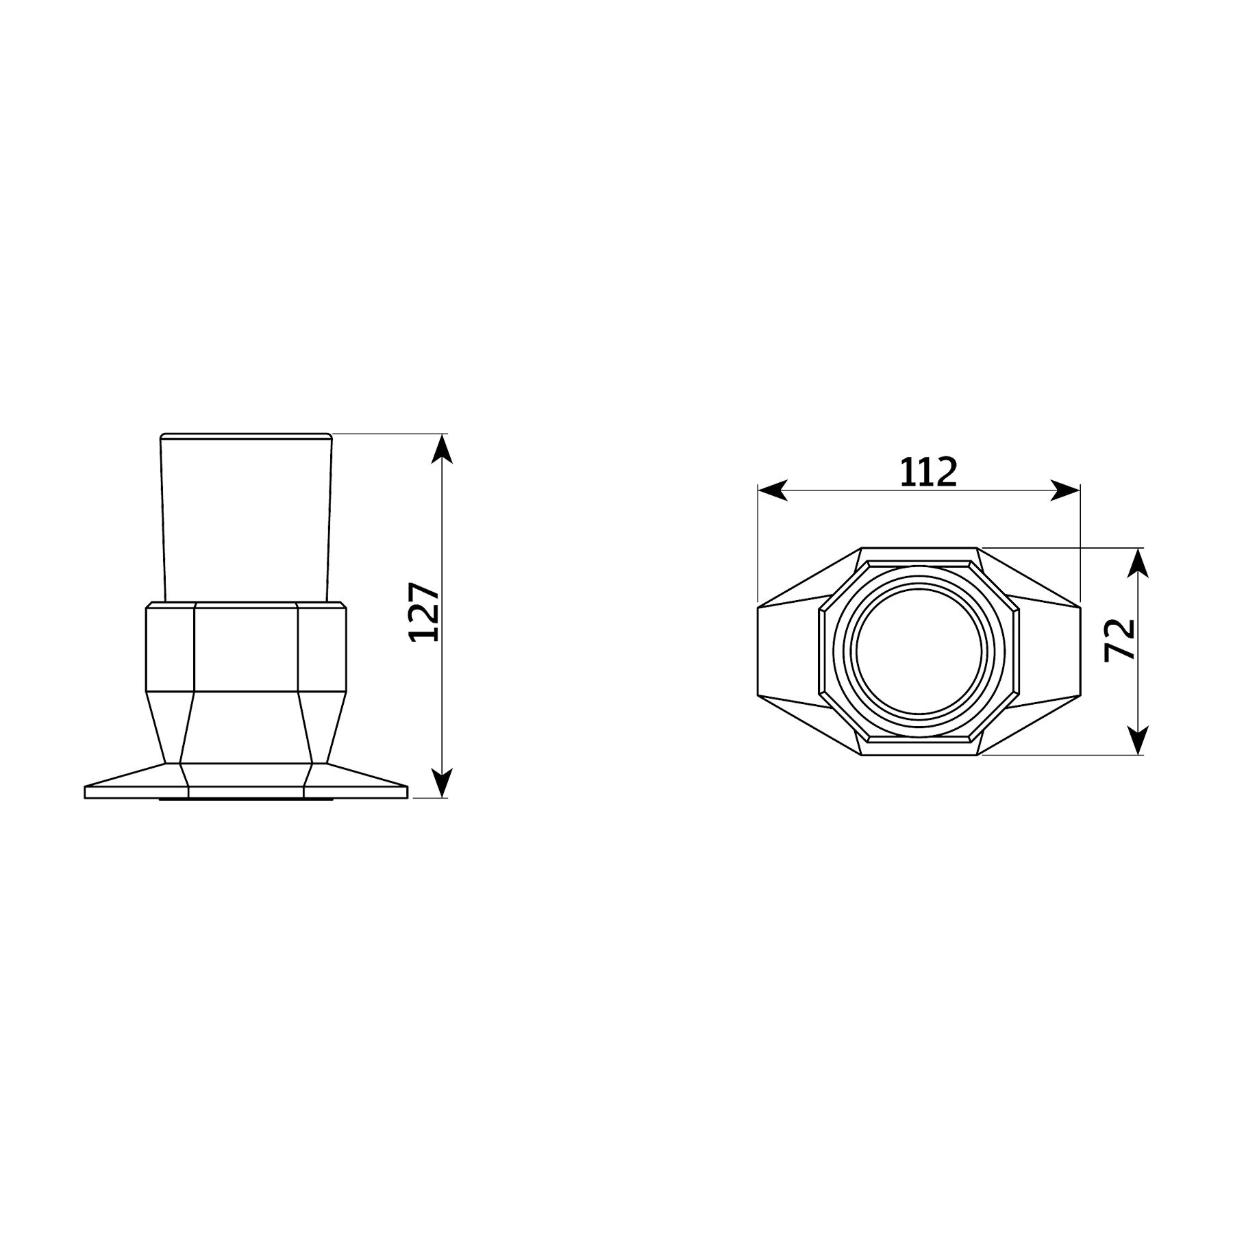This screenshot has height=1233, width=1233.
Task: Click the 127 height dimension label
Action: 423,612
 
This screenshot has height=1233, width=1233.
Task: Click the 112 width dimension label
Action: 927,472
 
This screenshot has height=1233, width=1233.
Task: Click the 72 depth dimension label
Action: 1120,640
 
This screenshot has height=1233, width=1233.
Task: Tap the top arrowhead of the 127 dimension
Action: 443,449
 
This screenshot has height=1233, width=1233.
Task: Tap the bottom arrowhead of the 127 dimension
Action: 443,782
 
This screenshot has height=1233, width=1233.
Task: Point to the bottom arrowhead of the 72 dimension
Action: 1137,740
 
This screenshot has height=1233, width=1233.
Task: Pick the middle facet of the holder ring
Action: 246,647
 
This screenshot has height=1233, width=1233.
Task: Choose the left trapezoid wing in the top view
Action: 788,651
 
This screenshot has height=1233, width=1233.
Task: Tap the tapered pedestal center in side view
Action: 246,726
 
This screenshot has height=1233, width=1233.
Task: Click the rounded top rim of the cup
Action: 246,436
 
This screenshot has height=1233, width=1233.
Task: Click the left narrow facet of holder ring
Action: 171,647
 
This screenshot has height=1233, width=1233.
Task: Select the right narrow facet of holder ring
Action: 321,647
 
